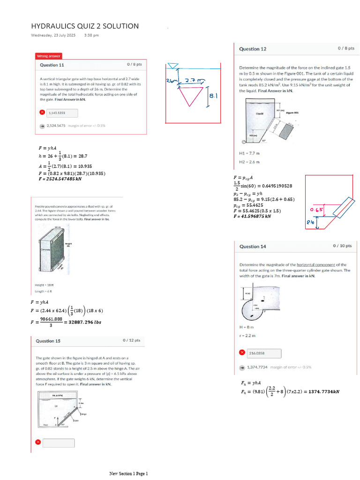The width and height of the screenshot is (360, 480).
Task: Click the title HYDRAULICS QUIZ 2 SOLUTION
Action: coord(85,26)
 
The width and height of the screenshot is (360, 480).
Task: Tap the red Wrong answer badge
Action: coord(48,56)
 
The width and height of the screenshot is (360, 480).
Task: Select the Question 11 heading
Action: coord(52,65)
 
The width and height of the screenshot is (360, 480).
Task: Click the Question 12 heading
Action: coord(253,49)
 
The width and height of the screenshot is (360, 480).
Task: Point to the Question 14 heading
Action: coord(253,246)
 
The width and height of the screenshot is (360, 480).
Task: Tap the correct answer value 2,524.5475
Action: coord(56,126)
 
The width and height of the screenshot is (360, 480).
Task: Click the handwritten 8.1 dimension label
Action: coord(213,96)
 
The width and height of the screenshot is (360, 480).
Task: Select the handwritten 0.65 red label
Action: coord(317,210)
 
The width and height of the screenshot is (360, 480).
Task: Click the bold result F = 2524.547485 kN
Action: coord(60,179)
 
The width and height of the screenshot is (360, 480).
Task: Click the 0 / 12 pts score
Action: coord(131,340)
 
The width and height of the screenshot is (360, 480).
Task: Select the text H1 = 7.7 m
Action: coord(249,153)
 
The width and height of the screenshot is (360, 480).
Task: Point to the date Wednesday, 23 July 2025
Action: coord(53,35)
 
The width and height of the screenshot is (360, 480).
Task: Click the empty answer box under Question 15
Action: coord(59,442)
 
